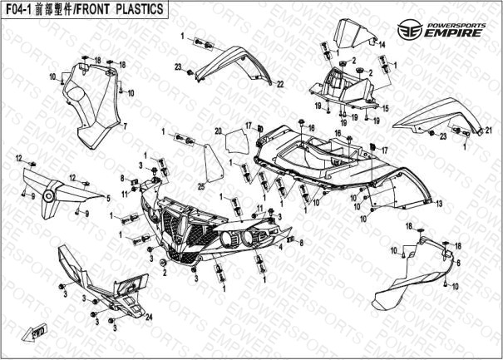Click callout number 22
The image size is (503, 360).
[280, 84]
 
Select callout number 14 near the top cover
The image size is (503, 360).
[383, 46]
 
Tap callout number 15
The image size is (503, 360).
[385, 109]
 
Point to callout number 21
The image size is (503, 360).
[488, 130]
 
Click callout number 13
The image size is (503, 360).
[437, 203]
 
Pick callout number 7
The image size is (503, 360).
[126, 126]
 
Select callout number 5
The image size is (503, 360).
[106, 198]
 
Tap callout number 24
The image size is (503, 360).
[150, 317]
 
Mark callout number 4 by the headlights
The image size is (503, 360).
[281, 247]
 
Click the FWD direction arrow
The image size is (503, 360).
[38, 332]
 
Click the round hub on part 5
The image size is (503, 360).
[51, 196]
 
